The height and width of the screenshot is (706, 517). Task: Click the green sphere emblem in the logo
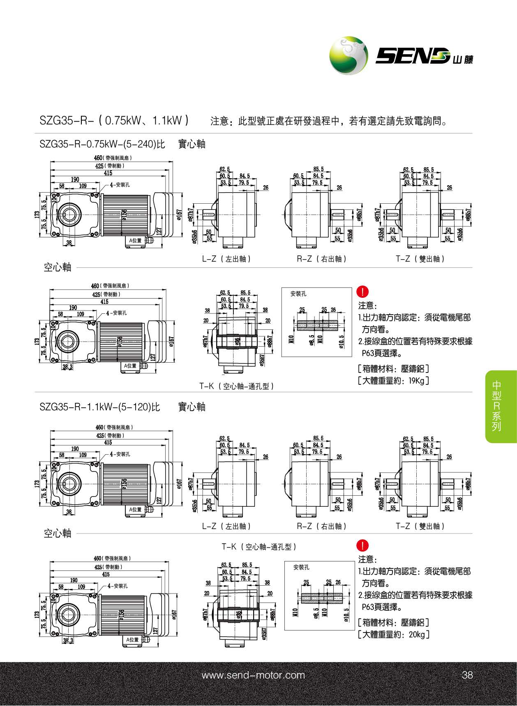[349, 55]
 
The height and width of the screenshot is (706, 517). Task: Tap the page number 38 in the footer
[467, 675]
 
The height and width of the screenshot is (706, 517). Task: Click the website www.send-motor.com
[253, 675]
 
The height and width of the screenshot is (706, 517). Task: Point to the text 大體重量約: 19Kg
[393, 381]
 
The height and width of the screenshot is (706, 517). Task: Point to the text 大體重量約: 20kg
[394, 635]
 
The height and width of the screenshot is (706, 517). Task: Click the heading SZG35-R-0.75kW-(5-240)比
[102, 144]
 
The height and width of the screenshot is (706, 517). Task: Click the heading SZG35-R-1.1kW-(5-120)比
[99, 407]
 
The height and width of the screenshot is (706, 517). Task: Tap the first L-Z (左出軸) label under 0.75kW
[226, 259]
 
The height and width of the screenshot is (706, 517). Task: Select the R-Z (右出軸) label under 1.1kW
[322, 526]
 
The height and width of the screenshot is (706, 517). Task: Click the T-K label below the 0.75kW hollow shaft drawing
[237, 386]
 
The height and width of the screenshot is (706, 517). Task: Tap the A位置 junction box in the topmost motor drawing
[135, 241]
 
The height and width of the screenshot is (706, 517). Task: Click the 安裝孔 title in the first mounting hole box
[298, 294]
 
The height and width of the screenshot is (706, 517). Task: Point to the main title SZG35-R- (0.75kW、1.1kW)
[115, 120]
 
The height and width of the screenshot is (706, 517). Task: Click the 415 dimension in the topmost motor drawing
[108, 173]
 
